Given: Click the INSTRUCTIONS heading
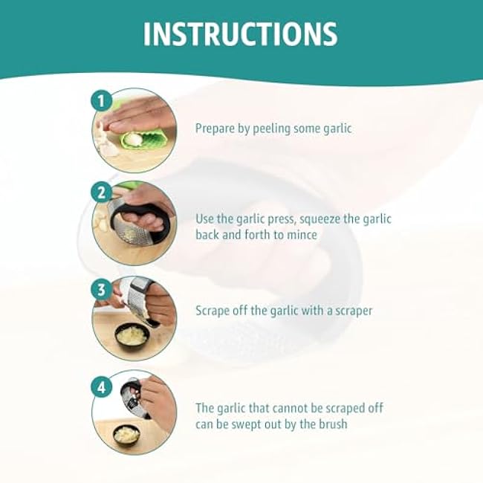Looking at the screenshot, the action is point(241,34).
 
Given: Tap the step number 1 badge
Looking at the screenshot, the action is point(101,101).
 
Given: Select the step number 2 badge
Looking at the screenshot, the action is point(101,193).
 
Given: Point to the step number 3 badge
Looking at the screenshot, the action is point(101,290).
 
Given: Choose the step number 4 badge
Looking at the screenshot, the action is point(101,387).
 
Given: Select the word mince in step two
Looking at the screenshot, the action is point(302,235).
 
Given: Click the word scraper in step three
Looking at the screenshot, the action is point(354,311).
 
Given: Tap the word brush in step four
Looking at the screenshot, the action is point(333,424).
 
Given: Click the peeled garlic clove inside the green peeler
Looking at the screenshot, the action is point(134,140).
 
